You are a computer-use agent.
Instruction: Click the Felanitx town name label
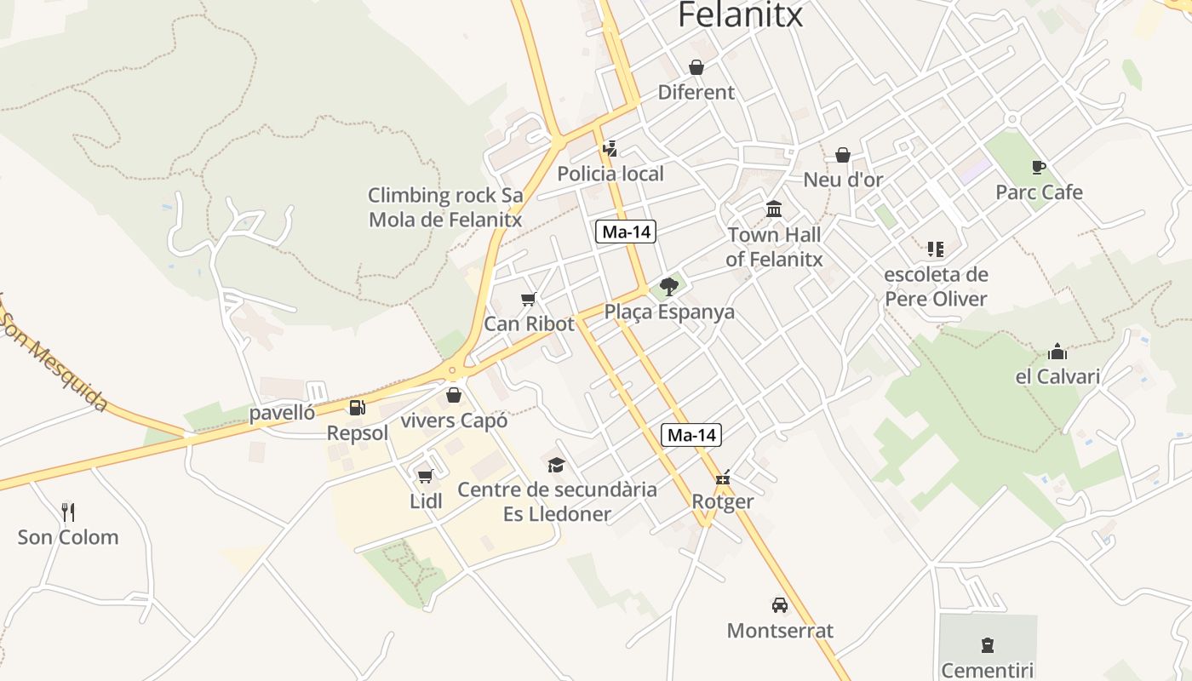tap(740, 14)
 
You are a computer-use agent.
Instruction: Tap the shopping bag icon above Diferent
tap(696, 67)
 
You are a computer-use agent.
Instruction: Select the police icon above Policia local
tap(610, 149)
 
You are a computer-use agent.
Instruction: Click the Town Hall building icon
tap(774, 209)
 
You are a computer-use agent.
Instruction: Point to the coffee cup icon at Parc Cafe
tap(1038, 167)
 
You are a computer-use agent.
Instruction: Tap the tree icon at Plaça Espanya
tap(669, 287)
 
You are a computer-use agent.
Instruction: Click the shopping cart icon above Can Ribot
tap(529, 299)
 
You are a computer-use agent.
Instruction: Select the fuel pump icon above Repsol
tap(358, 408)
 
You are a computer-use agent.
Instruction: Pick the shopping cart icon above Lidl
tap(426, 476)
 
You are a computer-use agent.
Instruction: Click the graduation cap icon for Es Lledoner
tap(557, 464)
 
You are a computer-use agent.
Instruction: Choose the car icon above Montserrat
tap(779, 605)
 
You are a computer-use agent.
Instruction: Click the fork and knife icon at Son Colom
tap(68, 512)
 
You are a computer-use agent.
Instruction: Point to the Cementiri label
tap(987, 670)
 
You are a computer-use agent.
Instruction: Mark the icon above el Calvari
tap(1057, 352)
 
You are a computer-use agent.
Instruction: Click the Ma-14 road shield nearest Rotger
tap(691, 435)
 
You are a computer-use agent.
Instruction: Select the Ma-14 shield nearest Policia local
tap(626, 232)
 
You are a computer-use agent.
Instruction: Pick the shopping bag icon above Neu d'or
tap(843, 155)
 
